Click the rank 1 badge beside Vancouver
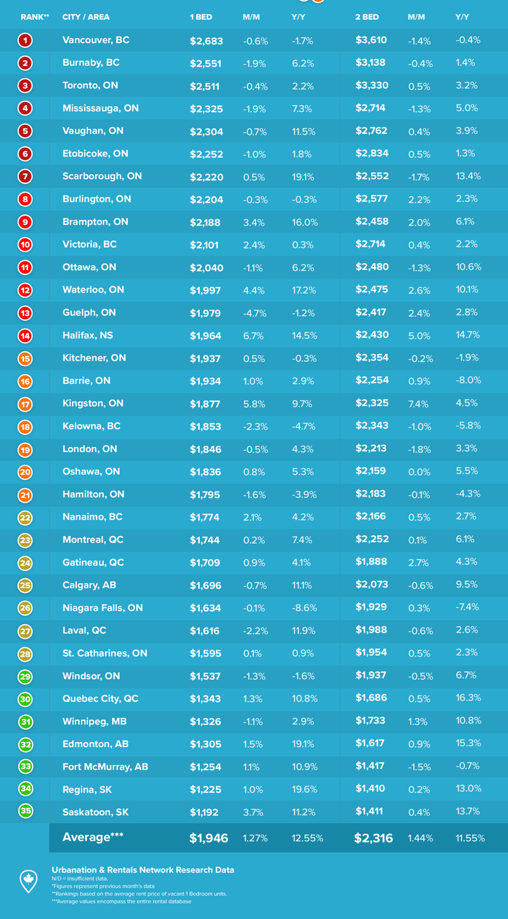click(25, 40)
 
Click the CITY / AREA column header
click(86, 17)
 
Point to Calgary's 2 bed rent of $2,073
click(370, 585)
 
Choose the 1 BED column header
click(200, 17)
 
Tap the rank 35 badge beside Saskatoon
click(25, 811)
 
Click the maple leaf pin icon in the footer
click(28, 880)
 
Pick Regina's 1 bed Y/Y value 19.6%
click(305, 789)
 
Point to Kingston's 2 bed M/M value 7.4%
click(418, 403)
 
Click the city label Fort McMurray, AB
click(105, 767)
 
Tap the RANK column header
click(35, 17)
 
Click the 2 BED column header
click(367, 17)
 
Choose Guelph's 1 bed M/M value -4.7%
click(255, 312)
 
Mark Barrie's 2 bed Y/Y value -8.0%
click(468, 381)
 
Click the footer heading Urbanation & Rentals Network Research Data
click(143, 870)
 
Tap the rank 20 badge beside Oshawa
click(25, 472)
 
